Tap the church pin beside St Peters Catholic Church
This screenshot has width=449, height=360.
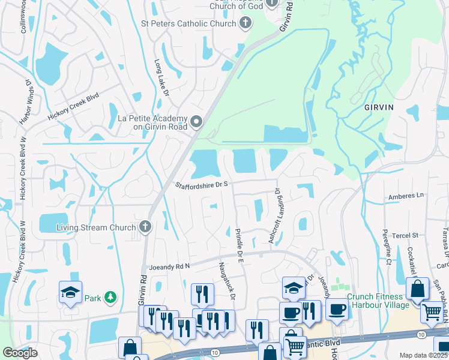(245, 23)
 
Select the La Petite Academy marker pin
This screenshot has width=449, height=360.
(196, 122)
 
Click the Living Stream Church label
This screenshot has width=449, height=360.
(95, 227)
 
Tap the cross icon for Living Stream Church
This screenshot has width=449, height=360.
(144, 227)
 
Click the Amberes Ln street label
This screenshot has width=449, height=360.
(406, 196)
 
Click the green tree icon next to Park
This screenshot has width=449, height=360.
(110, 297)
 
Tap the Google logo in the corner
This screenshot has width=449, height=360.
(20, 353)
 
